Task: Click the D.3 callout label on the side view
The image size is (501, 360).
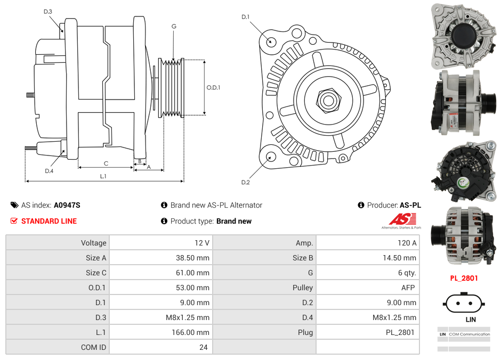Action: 48,11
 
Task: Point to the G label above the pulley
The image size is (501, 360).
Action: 174,26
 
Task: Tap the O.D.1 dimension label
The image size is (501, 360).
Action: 213,87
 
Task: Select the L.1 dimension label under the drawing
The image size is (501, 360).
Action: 103,176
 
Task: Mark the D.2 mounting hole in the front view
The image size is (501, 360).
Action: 271,157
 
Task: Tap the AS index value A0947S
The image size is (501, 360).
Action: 67,205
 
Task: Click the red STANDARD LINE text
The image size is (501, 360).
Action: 49,221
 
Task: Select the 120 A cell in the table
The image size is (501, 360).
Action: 407,243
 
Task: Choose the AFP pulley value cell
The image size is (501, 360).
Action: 409,288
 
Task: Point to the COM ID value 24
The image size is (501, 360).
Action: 203,347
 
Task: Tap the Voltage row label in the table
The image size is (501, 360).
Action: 93,243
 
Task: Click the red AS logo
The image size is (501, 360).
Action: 402,219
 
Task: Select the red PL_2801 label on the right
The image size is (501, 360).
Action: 464,278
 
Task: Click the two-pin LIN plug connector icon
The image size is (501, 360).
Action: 464,304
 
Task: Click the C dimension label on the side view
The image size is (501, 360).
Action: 106,163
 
